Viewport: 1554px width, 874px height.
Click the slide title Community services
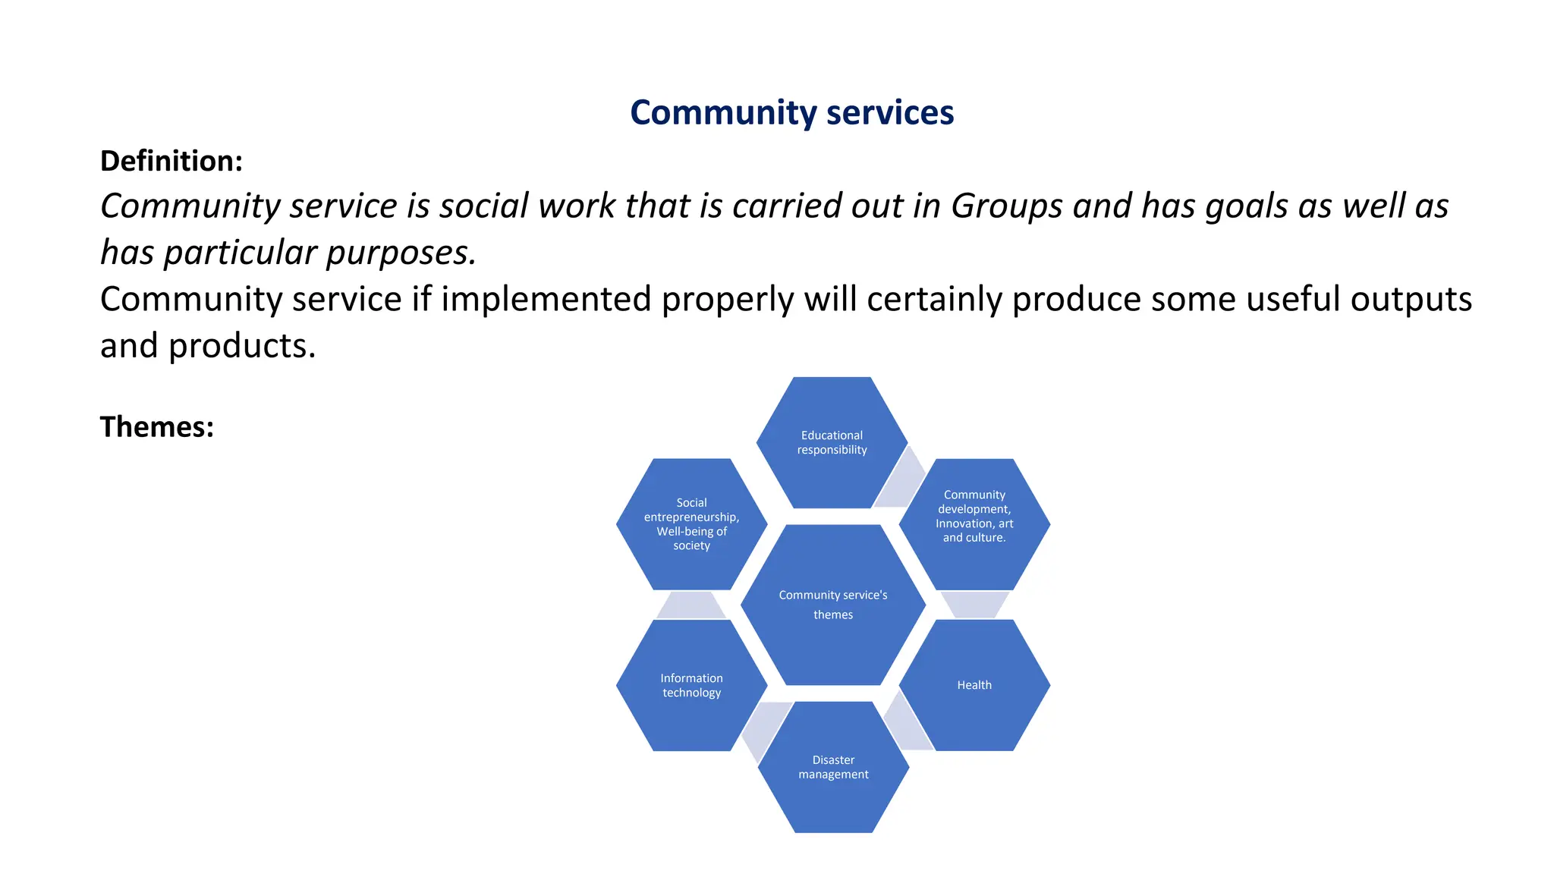(x=791, y=112)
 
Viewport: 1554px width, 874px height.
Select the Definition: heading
(x=171, y=161)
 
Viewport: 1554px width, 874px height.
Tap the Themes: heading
(x=157, y=427)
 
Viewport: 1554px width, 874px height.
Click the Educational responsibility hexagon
(x=832, y=442)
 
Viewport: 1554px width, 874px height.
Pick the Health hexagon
(x=974, y=685)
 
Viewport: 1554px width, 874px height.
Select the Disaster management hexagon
(x=833, y=767)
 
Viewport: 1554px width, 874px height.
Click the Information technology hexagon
(x=691, y=685)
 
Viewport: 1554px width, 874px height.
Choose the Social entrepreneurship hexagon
(x=691, y=523)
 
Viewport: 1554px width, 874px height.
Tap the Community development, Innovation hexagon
(x=974, y=516)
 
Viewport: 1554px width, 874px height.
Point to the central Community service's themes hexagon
(x=833, y=605)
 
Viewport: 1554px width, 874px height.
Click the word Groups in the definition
(x=1006, y=206)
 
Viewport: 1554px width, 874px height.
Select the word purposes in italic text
(x=396, y=253)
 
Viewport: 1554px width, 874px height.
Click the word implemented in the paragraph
(x=546, y=299)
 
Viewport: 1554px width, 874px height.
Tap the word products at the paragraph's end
(x=241, y=346)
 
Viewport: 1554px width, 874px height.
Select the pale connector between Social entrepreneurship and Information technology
(x=691, y=605)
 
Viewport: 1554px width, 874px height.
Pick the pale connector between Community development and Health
(x=974, y=605)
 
